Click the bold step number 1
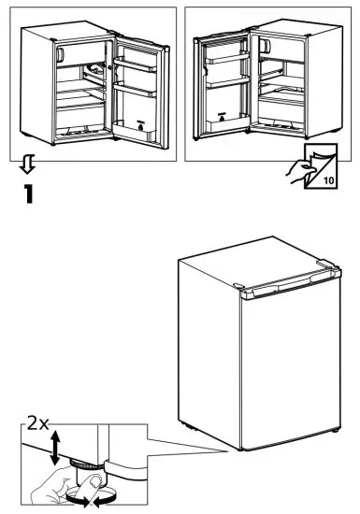tap(28, 197)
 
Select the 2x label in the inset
tap(38, 423)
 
